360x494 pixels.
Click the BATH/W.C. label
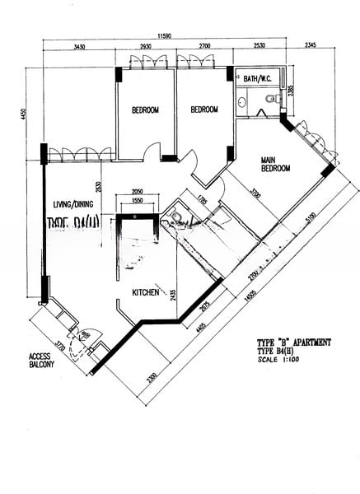tap(257, 79)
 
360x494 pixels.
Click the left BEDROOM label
tap(145, 110)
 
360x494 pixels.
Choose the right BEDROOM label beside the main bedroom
tap(203, 110)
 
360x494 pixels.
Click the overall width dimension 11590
tap(171, 36)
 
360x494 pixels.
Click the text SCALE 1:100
tap(276, 360)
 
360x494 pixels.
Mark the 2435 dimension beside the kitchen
tap(173, 295)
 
